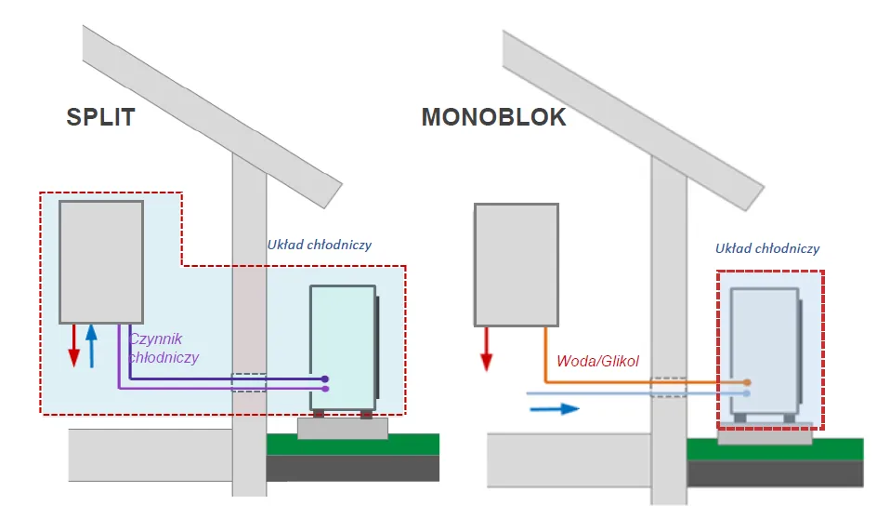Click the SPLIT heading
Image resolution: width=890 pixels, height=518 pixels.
click(100, 118)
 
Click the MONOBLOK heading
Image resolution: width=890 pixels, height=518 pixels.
click(493, 118)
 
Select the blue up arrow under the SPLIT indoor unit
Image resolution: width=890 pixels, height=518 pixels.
click(91, 346)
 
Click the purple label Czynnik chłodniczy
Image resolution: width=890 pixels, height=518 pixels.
click(164, 348)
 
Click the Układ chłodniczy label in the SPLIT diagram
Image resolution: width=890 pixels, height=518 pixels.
click(319, 246)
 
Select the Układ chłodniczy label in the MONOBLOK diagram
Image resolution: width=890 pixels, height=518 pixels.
click(767, 248)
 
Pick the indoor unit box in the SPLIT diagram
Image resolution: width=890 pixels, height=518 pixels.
click(101, 260)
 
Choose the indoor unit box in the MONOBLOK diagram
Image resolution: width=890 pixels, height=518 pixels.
click(516, 265)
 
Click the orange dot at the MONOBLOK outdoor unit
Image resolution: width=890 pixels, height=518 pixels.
click(747, 382)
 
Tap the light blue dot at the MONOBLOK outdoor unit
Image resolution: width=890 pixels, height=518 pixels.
click(747, 393)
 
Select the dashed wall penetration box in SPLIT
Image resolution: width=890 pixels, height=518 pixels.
click(248, 382)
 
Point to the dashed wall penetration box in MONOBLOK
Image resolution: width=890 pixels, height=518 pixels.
click(669, 387)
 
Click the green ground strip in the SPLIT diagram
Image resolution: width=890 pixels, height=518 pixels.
click(353, 445)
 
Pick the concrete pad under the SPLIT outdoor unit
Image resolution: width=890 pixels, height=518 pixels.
click(342, 428)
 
